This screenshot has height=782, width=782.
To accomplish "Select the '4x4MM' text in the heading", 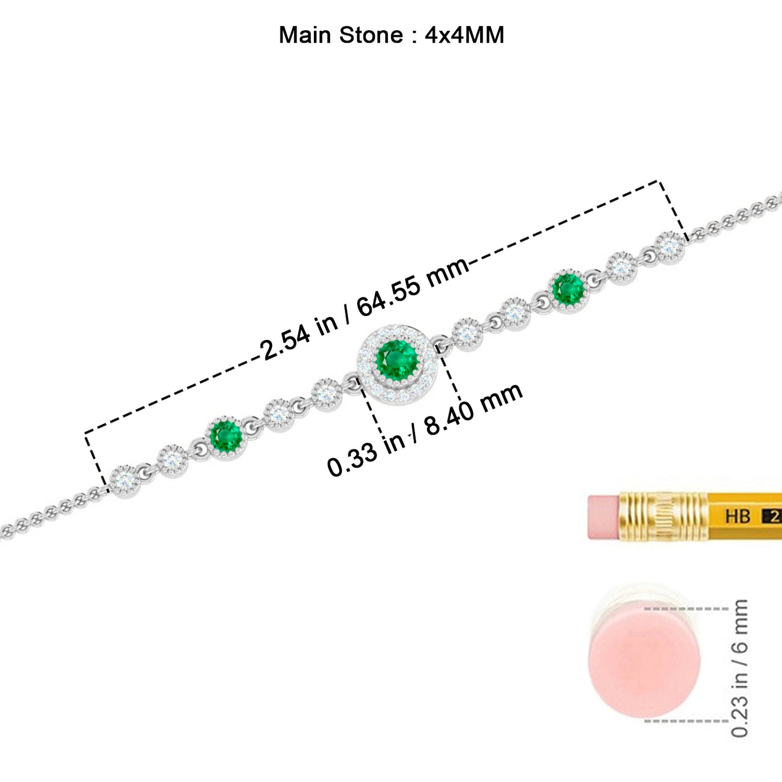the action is pyautogui.click(x=464, y=35).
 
